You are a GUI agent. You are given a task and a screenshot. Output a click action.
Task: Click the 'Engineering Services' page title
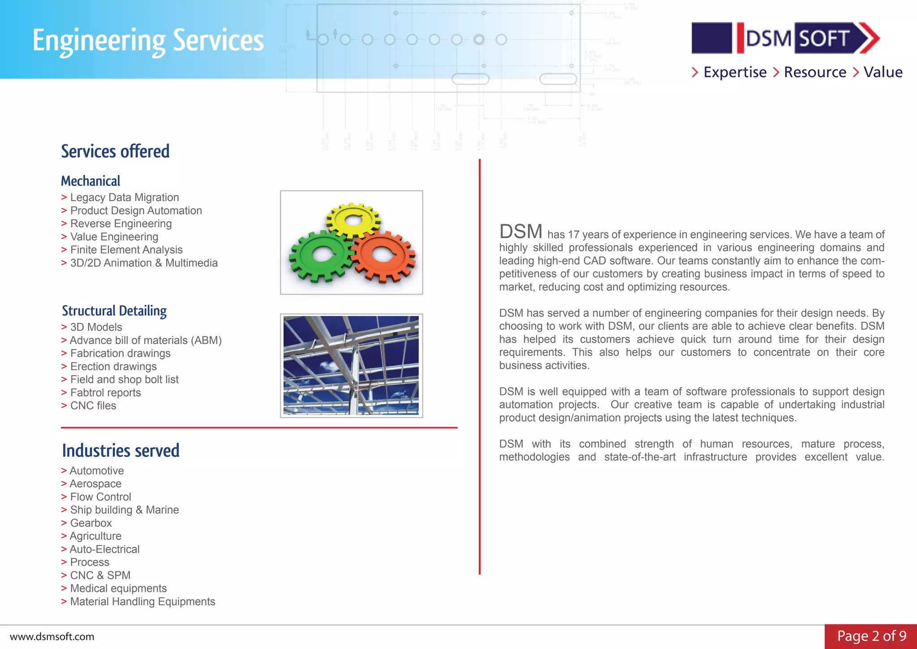pos(148,40)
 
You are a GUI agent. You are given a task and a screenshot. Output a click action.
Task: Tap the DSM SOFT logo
pos(785,38)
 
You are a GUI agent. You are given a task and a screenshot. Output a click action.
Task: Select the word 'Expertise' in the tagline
pos(735,72)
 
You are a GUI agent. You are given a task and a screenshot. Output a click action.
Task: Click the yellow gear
pos(354,219)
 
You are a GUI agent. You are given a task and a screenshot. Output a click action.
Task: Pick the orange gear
pos(383,255)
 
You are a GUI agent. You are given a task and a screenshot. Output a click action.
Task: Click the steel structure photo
pos(351,365)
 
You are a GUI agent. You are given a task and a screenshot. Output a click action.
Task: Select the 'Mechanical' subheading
pos(91,181)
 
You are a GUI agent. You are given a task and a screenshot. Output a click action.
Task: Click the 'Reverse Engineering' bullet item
pos(121,224)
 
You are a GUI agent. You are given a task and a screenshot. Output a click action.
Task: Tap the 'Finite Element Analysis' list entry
pos(126,250)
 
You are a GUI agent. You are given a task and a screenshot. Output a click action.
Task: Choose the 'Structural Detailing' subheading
pos(114,311)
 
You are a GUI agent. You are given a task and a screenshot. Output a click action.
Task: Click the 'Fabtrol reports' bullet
pos(105,393)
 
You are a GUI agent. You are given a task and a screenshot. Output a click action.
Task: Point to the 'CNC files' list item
pos(93,406)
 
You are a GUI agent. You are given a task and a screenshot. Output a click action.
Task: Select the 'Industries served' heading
pos(121,450)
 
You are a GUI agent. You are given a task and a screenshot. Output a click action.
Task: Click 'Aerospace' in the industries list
pos(95,484)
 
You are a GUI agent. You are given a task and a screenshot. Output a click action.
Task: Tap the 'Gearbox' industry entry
pos(91,523)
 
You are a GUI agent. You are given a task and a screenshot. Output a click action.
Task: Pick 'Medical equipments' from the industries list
pos(118,588)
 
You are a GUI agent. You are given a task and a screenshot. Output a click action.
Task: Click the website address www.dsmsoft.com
pos(52,637)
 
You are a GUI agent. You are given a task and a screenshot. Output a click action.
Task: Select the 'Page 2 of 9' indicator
pos(871,636)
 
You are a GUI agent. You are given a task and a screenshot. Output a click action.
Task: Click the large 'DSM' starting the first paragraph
pos(521,232)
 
